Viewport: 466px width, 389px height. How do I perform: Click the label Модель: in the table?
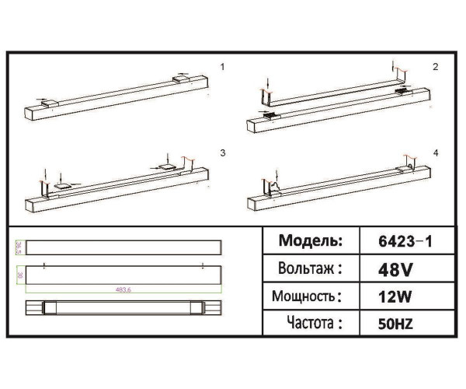coord(309,242)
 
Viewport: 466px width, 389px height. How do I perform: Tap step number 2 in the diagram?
coord(436,68)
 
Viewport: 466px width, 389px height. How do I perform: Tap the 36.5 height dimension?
coord(18,247)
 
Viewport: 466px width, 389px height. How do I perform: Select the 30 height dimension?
coord(18,275)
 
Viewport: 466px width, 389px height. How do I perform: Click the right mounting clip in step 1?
coord(183,79)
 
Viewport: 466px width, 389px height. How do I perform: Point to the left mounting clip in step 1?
coord(48,102)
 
